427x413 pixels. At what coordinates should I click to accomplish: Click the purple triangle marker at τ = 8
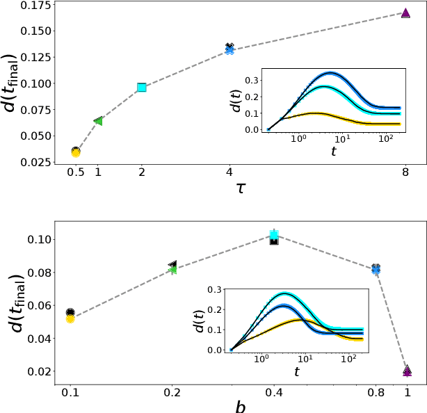(406, 13)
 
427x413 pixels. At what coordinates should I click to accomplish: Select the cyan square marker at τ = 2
(142, 88)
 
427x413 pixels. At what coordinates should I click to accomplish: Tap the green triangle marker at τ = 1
(98, 121)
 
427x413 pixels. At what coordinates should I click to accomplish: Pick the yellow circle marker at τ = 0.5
(76, 152)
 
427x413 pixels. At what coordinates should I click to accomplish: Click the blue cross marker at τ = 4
(229, 50)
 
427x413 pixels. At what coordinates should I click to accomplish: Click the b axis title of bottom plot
(241, 406)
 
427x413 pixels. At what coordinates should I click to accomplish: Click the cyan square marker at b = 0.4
(274, 236)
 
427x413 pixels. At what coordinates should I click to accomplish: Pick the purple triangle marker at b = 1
(407, 372)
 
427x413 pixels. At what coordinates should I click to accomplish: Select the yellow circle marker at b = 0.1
(70, 318)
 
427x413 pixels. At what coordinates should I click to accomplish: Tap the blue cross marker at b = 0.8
(376, 269)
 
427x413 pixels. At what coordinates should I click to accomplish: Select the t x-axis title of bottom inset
(297, 372)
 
